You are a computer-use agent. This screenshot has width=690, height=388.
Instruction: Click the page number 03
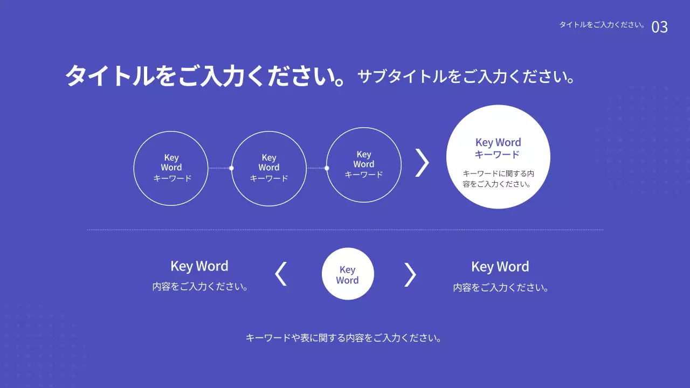click(x=659, y=27)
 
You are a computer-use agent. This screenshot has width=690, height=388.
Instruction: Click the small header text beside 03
click(x=602, y=25)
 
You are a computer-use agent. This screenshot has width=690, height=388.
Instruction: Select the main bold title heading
click(x=205, y=75)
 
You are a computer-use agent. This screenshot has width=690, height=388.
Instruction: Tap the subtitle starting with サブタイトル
click(x=466, y=77)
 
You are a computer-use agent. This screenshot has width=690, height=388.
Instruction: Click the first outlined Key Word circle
click(x=171, y=168)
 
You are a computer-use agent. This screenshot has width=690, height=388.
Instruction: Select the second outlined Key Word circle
click(x=268, y=168)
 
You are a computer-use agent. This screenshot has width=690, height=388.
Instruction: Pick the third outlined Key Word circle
click(x=364, y=165)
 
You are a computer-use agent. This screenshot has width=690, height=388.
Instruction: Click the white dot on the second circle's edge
click(x=231, y=168)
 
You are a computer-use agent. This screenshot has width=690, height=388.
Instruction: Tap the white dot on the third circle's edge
click(x=327, y=168)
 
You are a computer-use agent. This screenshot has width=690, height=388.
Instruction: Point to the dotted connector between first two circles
click(x=219, y=168)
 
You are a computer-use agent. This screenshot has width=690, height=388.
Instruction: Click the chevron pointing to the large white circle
click(x=422, y=162)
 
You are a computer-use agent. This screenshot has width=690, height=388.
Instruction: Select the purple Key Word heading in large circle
click(x=498, y=148)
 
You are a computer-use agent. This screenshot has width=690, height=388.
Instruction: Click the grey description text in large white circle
click(x=498, y=178)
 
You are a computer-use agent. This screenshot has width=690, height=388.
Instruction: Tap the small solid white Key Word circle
click(x=348, y=274)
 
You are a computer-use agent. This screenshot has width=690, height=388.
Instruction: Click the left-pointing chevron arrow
click(x=281, y=274)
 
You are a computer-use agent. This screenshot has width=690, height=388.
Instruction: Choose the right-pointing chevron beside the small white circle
click(x=410, y=274)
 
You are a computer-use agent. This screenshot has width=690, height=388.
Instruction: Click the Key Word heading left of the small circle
click(x=199, y=266)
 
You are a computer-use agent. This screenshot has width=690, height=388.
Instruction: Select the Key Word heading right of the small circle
click(x=500, y=267)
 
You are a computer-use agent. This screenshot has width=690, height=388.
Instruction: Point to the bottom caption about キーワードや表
click(x=344, y=338)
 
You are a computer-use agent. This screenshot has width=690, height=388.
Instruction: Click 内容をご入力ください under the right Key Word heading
click(x=501, y=288)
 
